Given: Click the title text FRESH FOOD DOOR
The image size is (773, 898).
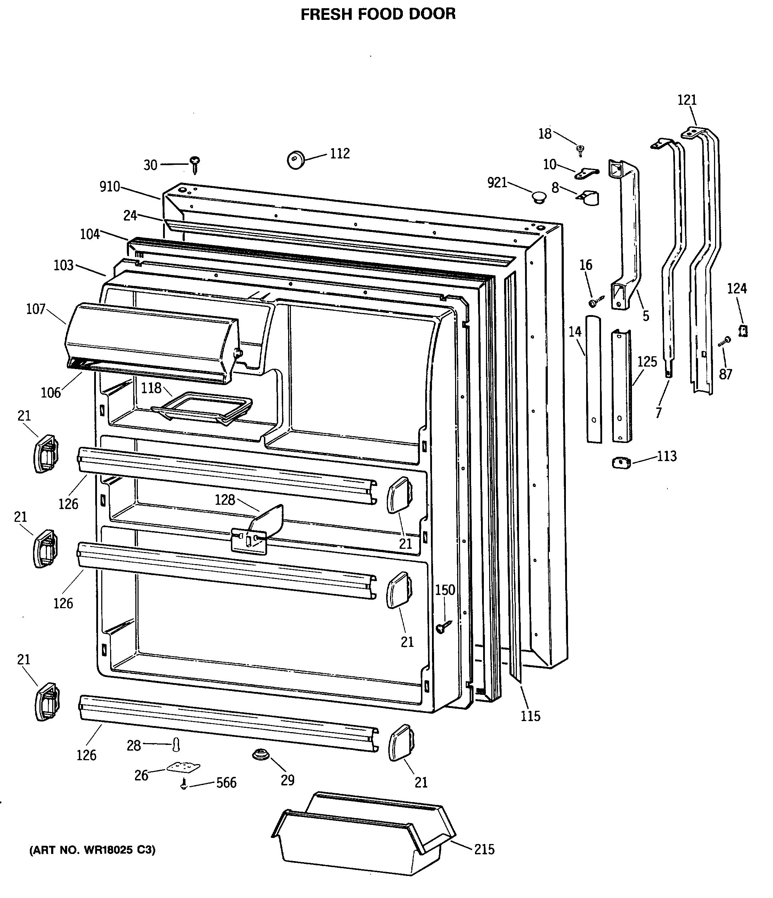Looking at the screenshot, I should point(378,14).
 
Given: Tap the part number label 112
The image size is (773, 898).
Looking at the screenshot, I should point(340,153).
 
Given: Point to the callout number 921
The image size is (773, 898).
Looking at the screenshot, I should point(497,183).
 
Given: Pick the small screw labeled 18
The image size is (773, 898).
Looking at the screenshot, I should point(580,150).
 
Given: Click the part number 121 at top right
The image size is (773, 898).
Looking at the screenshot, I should point(687,100).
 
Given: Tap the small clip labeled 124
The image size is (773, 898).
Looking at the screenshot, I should point(743,331).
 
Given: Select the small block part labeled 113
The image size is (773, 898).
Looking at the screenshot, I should point(621,463).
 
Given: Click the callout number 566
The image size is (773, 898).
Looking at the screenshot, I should point(226,783).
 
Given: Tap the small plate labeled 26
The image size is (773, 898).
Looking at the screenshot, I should point(183,768).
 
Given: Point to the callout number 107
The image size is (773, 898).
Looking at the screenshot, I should point(36,309).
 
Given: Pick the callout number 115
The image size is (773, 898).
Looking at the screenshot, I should point(531,716).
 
